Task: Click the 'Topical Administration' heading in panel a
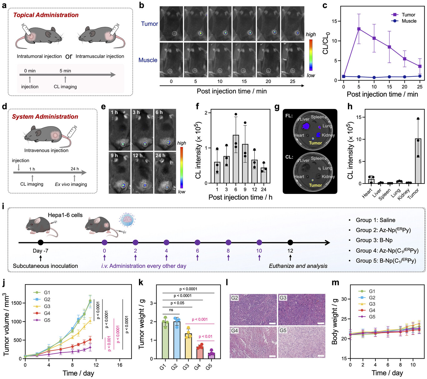click(x=46, y=15)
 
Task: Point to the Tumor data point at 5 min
click(x=359, y=29)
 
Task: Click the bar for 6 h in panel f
click(x=236, y=159)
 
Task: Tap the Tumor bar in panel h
click(x=418, y=161)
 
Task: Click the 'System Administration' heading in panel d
click(x=45, y=116)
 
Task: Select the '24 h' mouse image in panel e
click(x=165, y=172)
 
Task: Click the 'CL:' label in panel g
click(x=289, y=157)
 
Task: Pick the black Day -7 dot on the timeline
click(x=40, y=243)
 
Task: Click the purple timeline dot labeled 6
click(x=197, y=243)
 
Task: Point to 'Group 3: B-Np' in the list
click(x=374, y=240)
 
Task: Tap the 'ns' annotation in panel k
click(x=171, y=310)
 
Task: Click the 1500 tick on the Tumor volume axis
click(x=17, y=303)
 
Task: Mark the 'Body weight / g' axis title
click(x=335, y=322)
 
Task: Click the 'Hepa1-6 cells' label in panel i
click(x=65, y=215)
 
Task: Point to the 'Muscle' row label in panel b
click(x=148, y=60)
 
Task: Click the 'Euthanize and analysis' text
click(x=298, y=266)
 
